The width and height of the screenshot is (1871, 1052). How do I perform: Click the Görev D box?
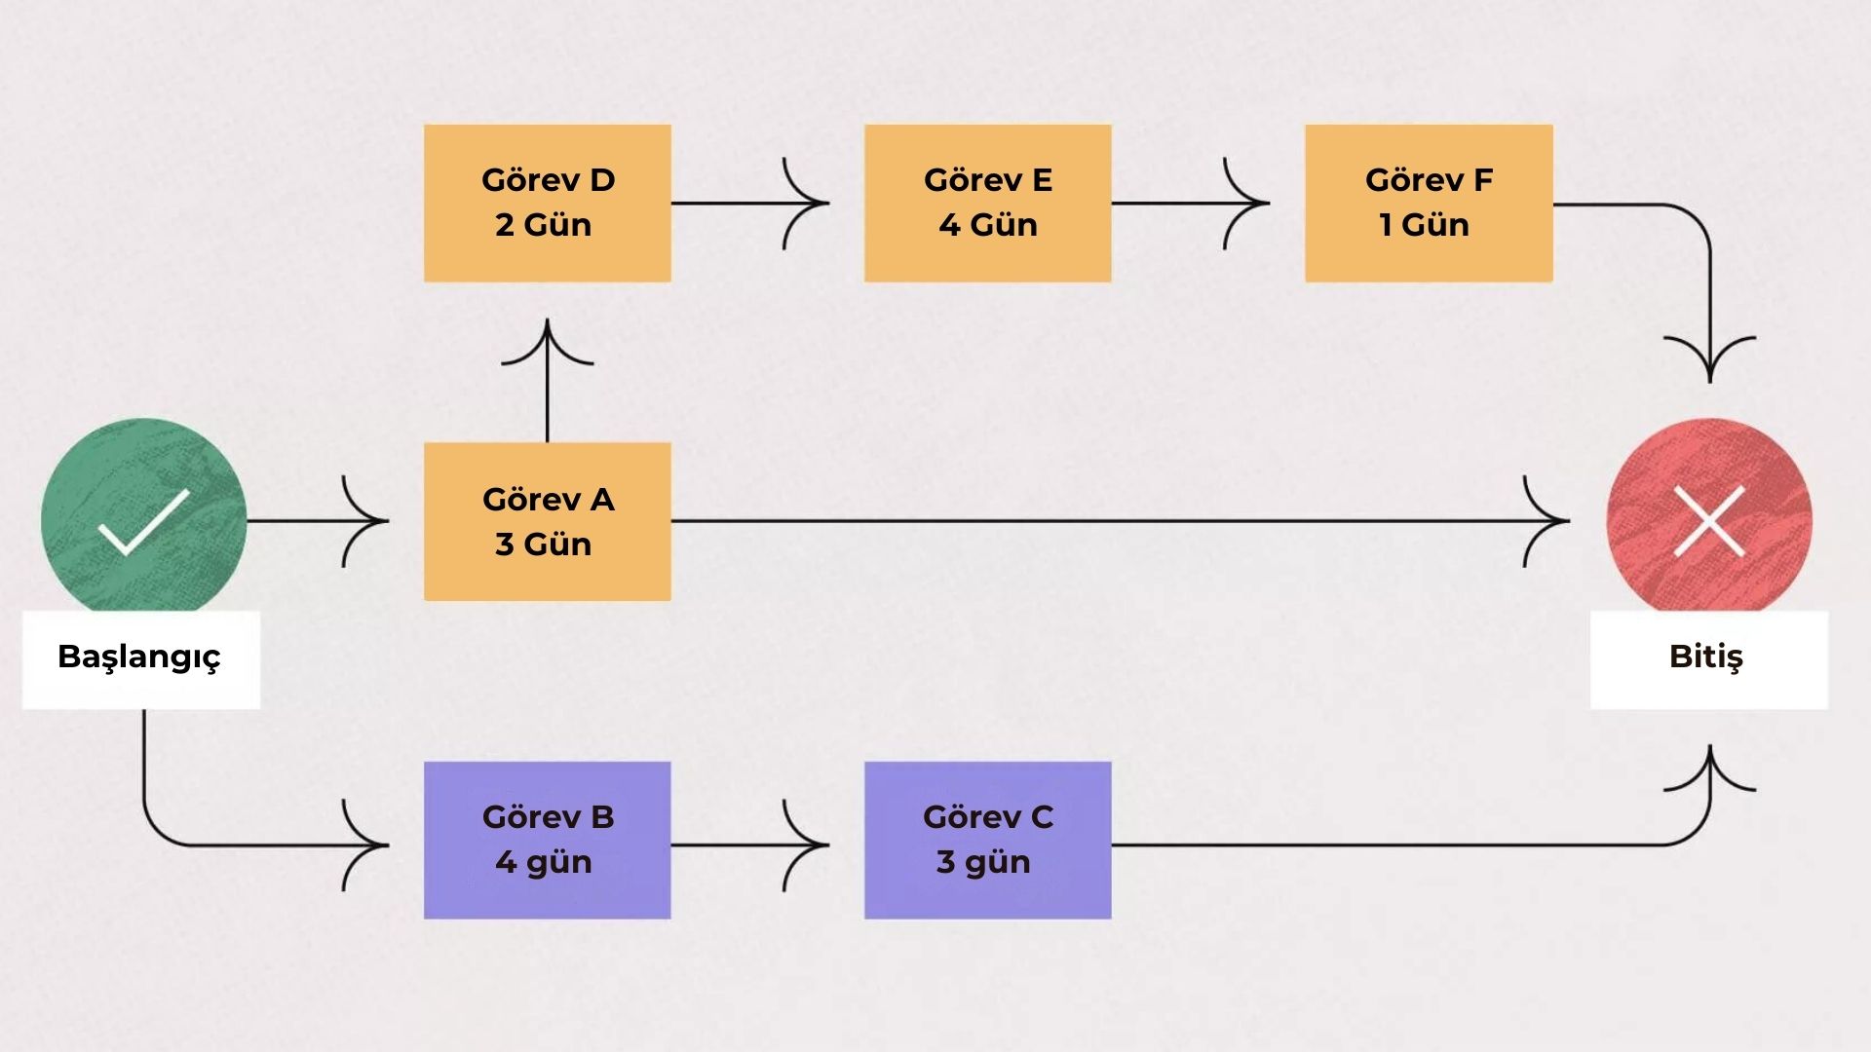[547, 203]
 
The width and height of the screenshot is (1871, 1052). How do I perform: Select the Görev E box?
[987, 203]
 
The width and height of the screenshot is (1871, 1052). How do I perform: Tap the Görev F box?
[1429, 203]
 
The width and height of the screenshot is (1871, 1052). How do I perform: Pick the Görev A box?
[547, 521]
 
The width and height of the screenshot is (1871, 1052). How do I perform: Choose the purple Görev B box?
[547, 840]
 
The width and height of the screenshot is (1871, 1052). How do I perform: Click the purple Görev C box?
[987, 840]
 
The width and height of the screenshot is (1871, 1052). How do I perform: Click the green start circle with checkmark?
[144, 520]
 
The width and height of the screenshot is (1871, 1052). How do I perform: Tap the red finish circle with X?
[1709, 520]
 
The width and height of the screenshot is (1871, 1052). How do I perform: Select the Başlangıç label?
[140, 657]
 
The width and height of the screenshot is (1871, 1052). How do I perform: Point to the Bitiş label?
[1707, 657]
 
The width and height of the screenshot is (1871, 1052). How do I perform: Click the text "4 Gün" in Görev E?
[987, 225]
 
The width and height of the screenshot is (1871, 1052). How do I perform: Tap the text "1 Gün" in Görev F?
[1424, 225]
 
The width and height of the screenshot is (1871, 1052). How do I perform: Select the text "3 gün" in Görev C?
[983, 862]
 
